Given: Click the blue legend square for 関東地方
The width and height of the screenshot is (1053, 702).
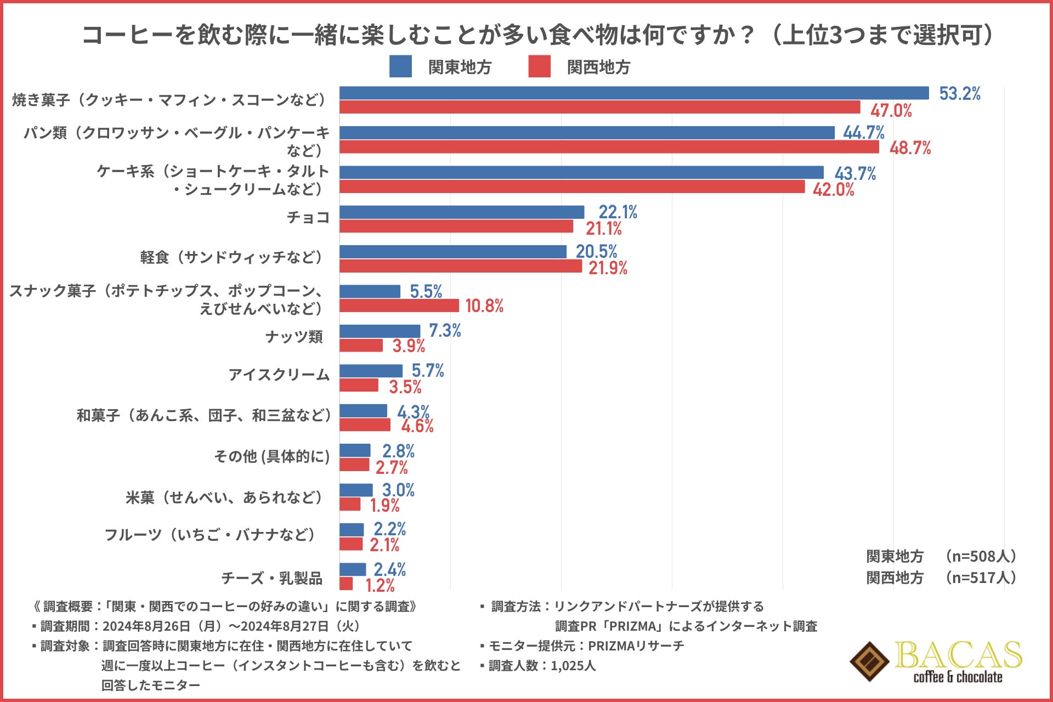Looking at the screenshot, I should pyautogui.click(x=400, y=66).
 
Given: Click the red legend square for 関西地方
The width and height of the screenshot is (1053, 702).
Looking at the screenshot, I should pyautogui.click(x=539, y=66).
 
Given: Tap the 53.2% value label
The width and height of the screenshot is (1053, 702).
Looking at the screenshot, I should pyautogui.click(x=960, y=94).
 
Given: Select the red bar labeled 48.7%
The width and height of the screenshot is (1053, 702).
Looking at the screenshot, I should pyautogui.click(x=609, y=147).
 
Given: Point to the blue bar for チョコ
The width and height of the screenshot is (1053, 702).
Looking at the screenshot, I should pyautogui.click(x=462, y=212).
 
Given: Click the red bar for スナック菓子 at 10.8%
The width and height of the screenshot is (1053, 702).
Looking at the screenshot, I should pyautogui.click(x=399, y=305).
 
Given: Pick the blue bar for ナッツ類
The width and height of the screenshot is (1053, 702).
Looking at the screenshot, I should pyautogui.click(x=380, y=331).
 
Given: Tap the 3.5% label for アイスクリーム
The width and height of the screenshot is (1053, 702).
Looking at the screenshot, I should pyautogui.click(x=405, y=387).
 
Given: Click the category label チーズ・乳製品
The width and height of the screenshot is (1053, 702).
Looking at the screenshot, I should pyautogui.click(x=271, y=578).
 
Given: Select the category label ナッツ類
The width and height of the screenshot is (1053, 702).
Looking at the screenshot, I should pyautogui.click(x=294, y=337).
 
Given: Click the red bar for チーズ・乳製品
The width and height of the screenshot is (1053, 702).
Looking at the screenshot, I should pyautogui.click(x=346, y=584).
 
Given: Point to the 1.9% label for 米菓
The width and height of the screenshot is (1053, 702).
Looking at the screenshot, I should pyautogui.click(x=384, y=506).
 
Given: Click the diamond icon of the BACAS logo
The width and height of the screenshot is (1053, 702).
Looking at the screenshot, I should pyautogui.click(x=869, y=661).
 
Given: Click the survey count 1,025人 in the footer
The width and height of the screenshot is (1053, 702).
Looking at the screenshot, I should pyautogui.click(x=573, y=666).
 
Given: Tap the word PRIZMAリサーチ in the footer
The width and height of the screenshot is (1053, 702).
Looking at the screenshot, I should pyautogui.click(x=636, y=646).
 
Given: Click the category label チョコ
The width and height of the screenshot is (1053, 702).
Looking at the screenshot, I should pyautogui.click(x=308, y=218).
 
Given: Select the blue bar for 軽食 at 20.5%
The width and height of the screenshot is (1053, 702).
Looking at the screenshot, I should pyautogui.click(x=453, y=252).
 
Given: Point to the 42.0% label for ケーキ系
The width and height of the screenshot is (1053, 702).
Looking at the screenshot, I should pyautogui.click(x=833, y=190).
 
